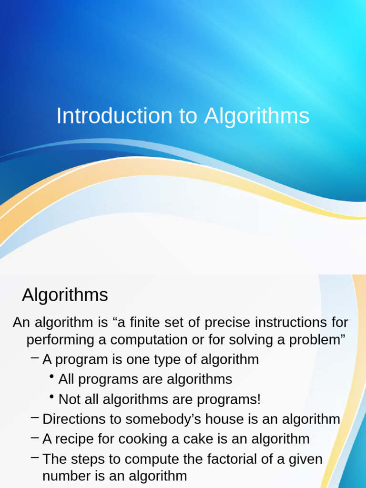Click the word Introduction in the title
114,116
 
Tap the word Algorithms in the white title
257,116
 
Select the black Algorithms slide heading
65,295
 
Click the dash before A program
35,358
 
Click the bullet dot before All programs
51,376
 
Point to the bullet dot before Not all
51,396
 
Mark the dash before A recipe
35,437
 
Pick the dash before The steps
35,457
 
